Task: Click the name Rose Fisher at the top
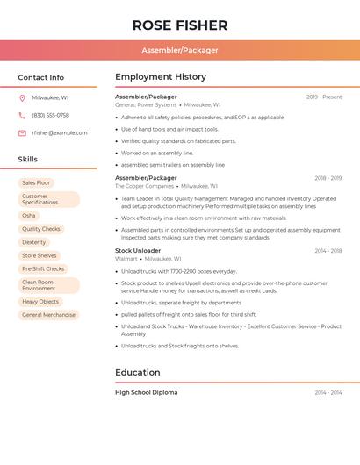[x=180, y=25]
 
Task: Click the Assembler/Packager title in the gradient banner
[x=180, y=50]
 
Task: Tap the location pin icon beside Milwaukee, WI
[x=22, y=97]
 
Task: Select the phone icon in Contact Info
[x=22, y=115]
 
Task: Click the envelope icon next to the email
[x=22, y=132]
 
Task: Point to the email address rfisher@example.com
[x=60, y=132]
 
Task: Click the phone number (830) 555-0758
[x=50, y=115]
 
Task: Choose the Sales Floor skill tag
[x=36, y=182]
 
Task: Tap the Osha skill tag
[x=29, y=215]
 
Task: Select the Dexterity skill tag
[x=34, y=242]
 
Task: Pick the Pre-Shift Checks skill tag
[x=43, y=268]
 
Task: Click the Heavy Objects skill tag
[x=40, y=301]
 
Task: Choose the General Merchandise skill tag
[x=48, y=314]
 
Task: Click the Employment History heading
[x=161, y=77]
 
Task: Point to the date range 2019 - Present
[x=324, y=97]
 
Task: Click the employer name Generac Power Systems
[x=146, y=104]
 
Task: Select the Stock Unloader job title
[x=136, y=251]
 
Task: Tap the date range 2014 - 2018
[x=328, y=251]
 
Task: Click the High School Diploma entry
[x=146, y=392]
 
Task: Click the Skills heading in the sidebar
[x=28, y=159]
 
